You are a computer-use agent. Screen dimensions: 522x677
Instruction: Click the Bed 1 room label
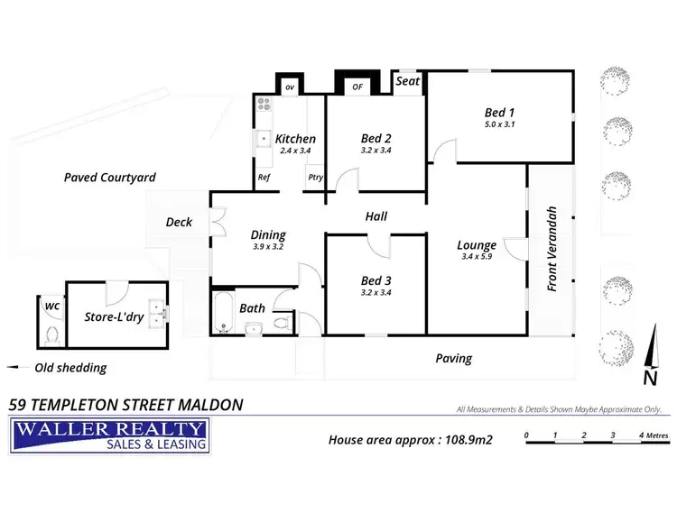point(499,112)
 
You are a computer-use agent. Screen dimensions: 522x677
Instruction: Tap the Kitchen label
point(295,139)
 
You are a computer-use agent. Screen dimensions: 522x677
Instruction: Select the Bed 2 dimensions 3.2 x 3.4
point(376,151)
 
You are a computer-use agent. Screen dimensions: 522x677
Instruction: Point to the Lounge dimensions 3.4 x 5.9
point(476,257)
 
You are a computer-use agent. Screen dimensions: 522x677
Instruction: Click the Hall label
point(376,216)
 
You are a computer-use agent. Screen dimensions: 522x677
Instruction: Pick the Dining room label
point(267,234)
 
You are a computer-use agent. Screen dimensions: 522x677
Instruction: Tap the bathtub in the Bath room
point(222,313)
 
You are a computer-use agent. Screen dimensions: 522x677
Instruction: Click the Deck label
point(179,222)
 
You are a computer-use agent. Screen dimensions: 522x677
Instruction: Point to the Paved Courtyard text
point(110,178)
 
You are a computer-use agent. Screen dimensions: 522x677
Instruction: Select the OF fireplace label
point(357,87)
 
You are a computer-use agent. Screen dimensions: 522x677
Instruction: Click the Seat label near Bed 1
point(408,81)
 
